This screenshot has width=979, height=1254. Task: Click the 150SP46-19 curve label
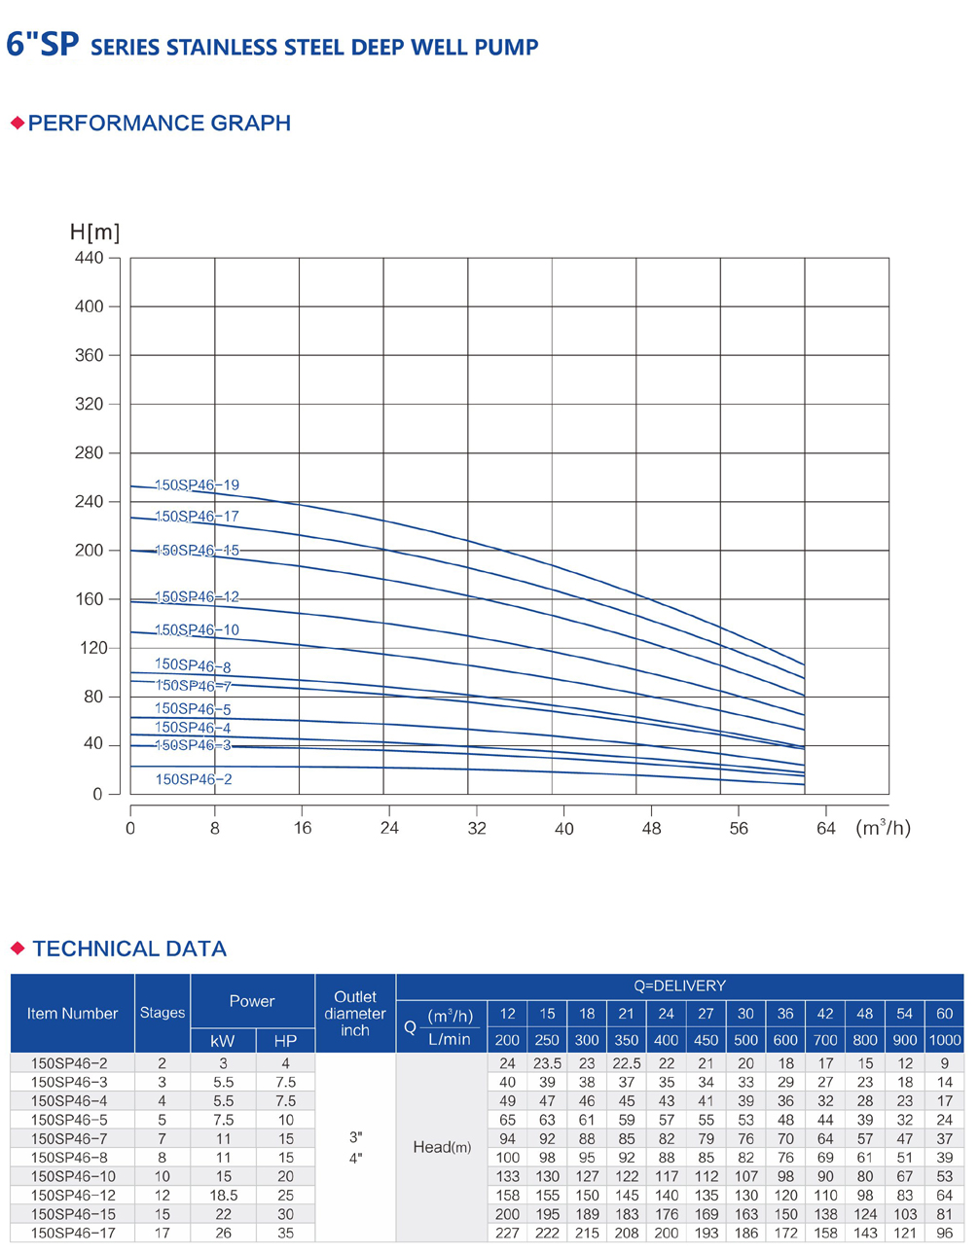click(197, 484)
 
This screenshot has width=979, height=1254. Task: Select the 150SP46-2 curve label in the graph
click(194, 779)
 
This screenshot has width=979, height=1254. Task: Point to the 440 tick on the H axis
click(89, 258)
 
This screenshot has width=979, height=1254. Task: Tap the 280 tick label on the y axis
click(89, 452)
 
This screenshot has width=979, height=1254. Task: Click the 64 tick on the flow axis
click(826, 828)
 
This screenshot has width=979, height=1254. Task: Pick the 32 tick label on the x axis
click(477, 828)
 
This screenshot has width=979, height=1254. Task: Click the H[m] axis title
click(94, 232)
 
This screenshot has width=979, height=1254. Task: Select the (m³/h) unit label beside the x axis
click(883, 828)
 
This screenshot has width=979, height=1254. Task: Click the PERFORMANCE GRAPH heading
click(159, 123)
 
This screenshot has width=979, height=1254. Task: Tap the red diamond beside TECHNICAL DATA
click(18, 948)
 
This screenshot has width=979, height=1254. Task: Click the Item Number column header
click(72, 1013)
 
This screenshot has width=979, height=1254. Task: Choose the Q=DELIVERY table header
click(679, 985)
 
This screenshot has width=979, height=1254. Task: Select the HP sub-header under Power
click(285, 1040)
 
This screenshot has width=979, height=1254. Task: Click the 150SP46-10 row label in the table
click(72, 1176)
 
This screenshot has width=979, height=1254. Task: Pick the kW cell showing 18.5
click(223, 1195)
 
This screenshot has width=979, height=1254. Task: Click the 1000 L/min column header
click(944, 1039)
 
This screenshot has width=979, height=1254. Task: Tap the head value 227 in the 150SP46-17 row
click(507, 1233)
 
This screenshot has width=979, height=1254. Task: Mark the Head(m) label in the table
click(442, 1147)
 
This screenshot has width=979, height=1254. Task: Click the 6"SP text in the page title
click(42, 45)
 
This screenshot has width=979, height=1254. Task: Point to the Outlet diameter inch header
click(355, 1013)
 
